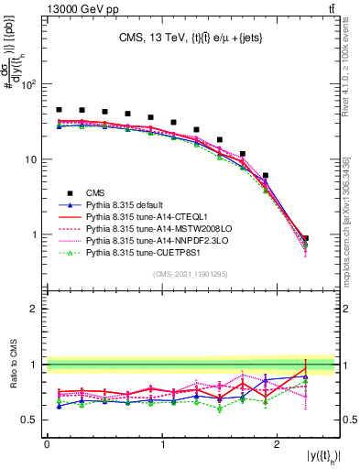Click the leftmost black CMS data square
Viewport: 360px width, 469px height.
tap(59, 110)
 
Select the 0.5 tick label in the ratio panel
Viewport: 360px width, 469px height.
tap(29, 420)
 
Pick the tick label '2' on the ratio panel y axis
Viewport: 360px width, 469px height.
tap(34, 309)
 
